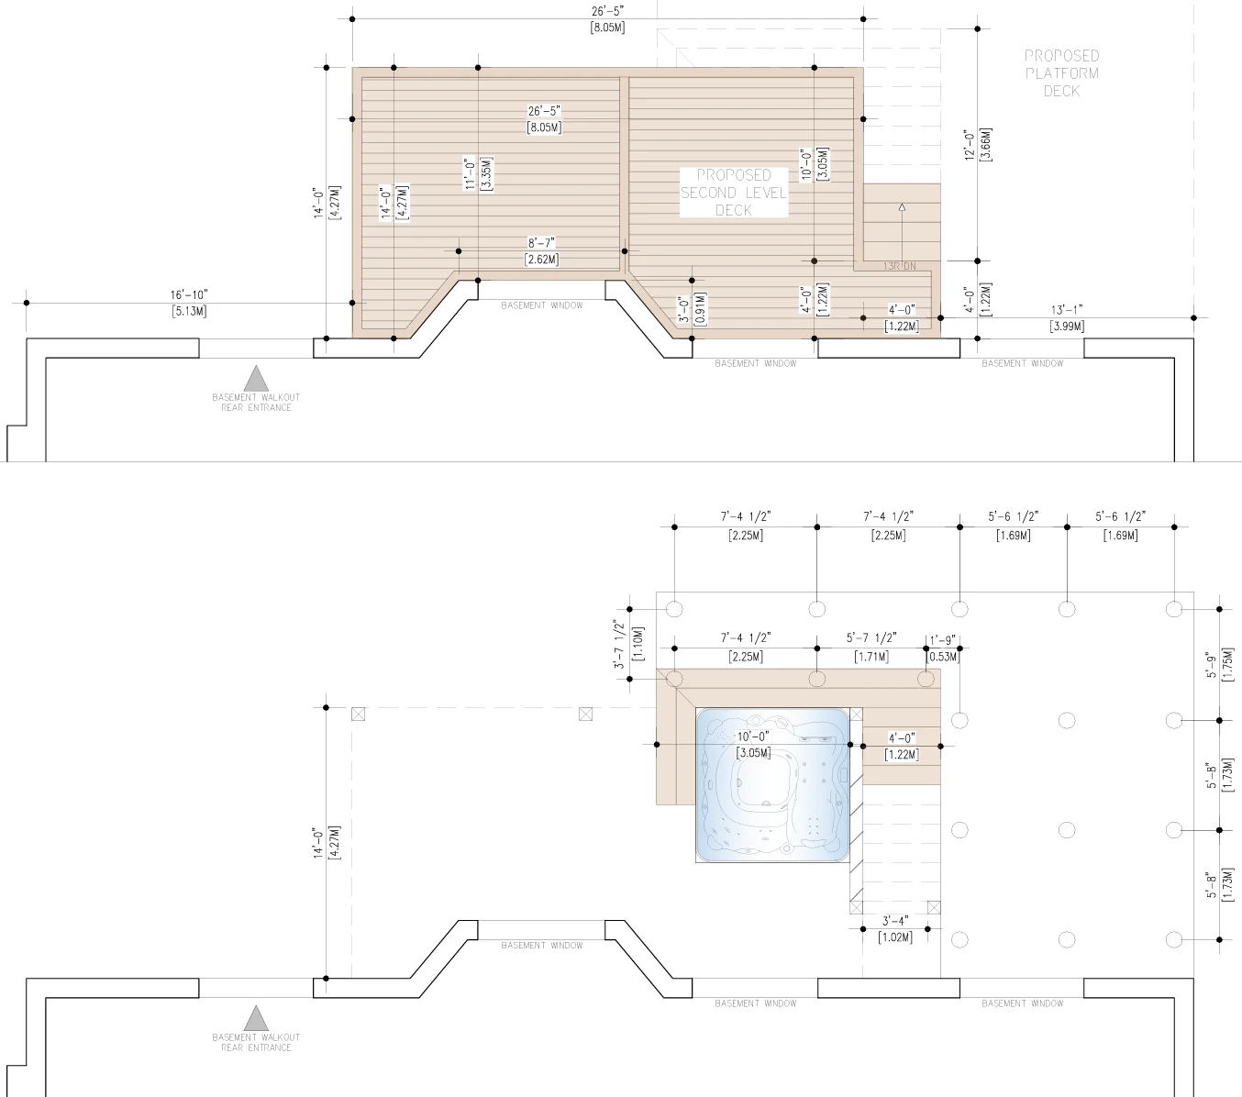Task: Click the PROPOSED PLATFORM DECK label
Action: [x=1061, y=73]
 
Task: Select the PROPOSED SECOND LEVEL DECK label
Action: [x=733, y=193]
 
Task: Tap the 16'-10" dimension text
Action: [x=189, y=294]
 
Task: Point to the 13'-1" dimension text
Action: [x=1067, y=310]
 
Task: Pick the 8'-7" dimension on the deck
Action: [x=541, y=243]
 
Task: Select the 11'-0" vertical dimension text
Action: [x=471, y=173]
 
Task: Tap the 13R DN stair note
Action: [x=899, y=267]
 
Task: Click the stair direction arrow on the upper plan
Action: [x=902, y=209]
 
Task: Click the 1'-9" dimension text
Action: [x=943, y=640]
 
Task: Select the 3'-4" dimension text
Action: [x=895, y=921]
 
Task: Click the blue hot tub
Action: [x=772, y=784]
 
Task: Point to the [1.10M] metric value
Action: [x=638, y=645]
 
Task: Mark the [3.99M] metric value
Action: [x=1067, y=327]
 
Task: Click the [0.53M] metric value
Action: [x=943, y=657]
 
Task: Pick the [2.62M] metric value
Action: [x=541, y=260]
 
